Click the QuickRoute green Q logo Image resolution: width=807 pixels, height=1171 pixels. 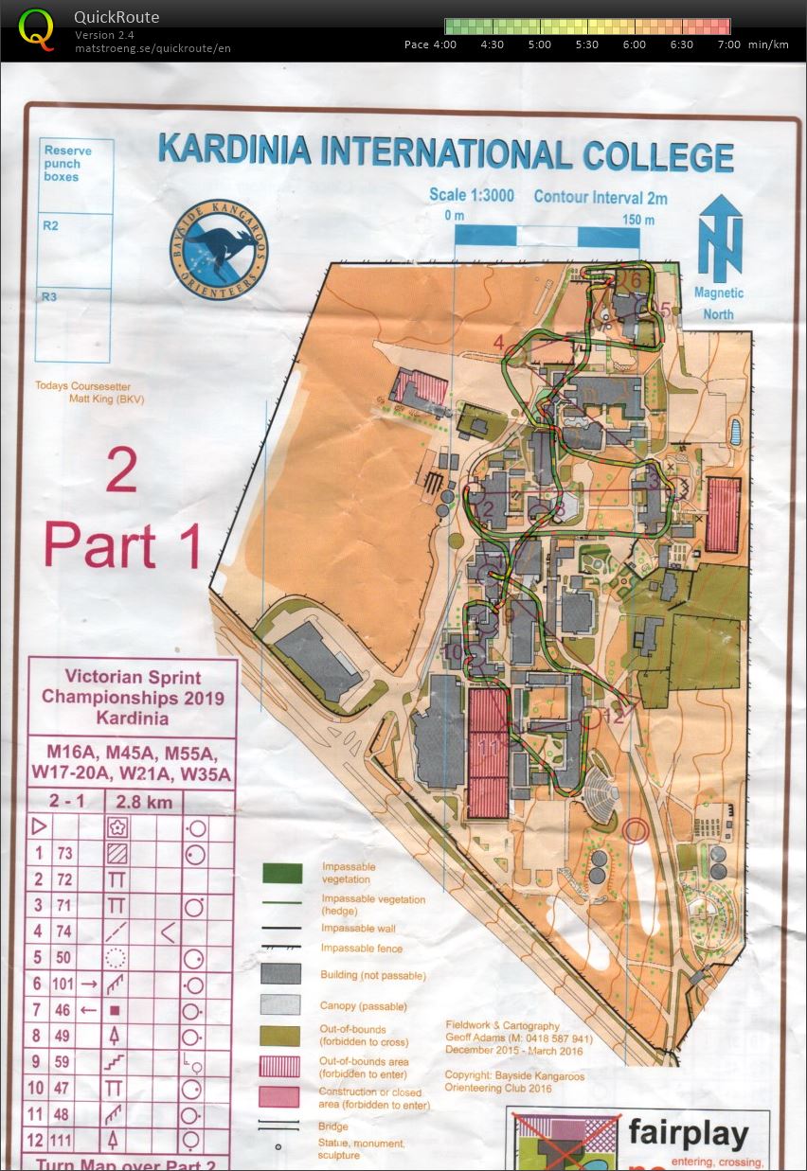[x=37, y=28]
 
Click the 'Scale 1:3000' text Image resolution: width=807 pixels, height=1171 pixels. [x=472, y=195]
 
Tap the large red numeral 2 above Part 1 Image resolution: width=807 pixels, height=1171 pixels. [x=121, y=470]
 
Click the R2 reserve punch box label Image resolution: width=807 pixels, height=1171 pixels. [x=50, y=226]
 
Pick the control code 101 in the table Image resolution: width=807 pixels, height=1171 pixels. [x=63, y=984]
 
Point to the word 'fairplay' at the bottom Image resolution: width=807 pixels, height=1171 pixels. [x=688, y=1133]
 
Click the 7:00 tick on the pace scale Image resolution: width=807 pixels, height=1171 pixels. [x=729, y=44]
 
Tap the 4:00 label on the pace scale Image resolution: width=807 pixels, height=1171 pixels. [x=443, y=44]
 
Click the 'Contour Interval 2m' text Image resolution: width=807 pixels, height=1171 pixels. [x=601, y=197]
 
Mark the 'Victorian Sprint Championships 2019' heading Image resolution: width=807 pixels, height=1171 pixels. [x=132, y=687]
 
